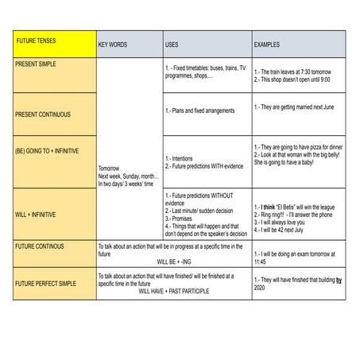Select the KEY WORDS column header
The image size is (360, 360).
click(x=112, y=45)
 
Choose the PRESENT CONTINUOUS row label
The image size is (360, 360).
click(x=43, y=114)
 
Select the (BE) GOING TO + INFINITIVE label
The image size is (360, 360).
click(x=47, y=149)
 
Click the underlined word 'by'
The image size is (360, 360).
click(x=339, y=280)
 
